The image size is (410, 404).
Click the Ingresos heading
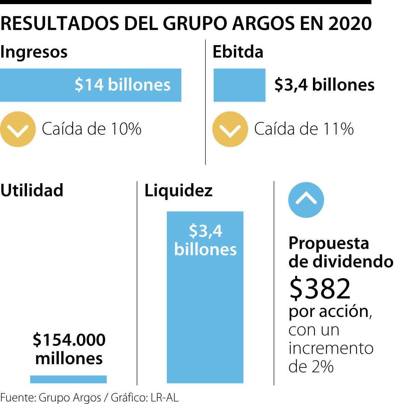pos(34,52)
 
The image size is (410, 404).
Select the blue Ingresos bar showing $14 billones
pos(91,85)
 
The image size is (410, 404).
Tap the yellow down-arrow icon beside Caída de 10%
pos(18,129)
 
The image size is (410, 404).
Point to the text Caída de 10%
pos(92,129)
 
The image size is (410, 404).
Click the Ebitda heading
pos(238,52)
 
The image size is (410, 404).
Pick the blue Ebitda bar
pos(239,85)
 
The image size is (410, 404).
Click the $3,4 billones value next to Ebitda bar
pos(324,85)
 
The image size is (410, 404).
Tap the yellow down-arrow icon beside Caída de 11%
pos(230,129)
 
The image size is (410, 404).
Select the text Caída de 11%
pos(304,129)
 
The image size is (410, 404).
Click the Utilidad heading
pos(32,190)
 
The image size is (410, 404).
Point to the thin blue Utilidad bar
pos(68,379)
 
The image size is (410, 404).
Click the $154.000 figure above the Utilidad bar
pos(69,340)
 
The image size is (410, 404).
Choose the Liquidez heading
pos(178,190)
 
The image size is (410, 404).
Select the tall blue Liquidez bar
pos(205,308)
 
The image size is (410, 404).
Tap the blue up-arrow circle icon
pos(306,200)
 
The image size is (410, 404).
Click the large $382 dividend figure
pos(320,288)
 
